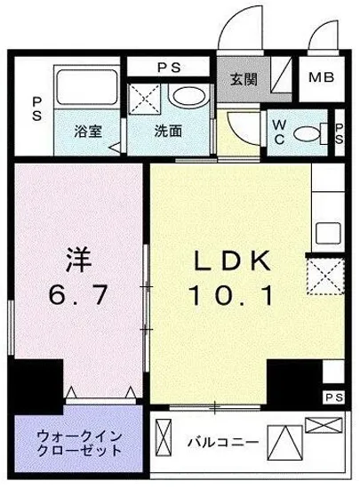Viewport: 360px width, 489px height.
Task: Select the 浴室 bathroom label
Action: (x=86, y=130)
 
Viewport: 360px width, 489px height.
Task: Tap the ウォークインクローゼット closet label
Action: (x=75, y=442)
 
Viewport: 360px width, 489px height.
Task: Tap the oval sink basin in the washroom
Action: (x=187, y=96)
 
